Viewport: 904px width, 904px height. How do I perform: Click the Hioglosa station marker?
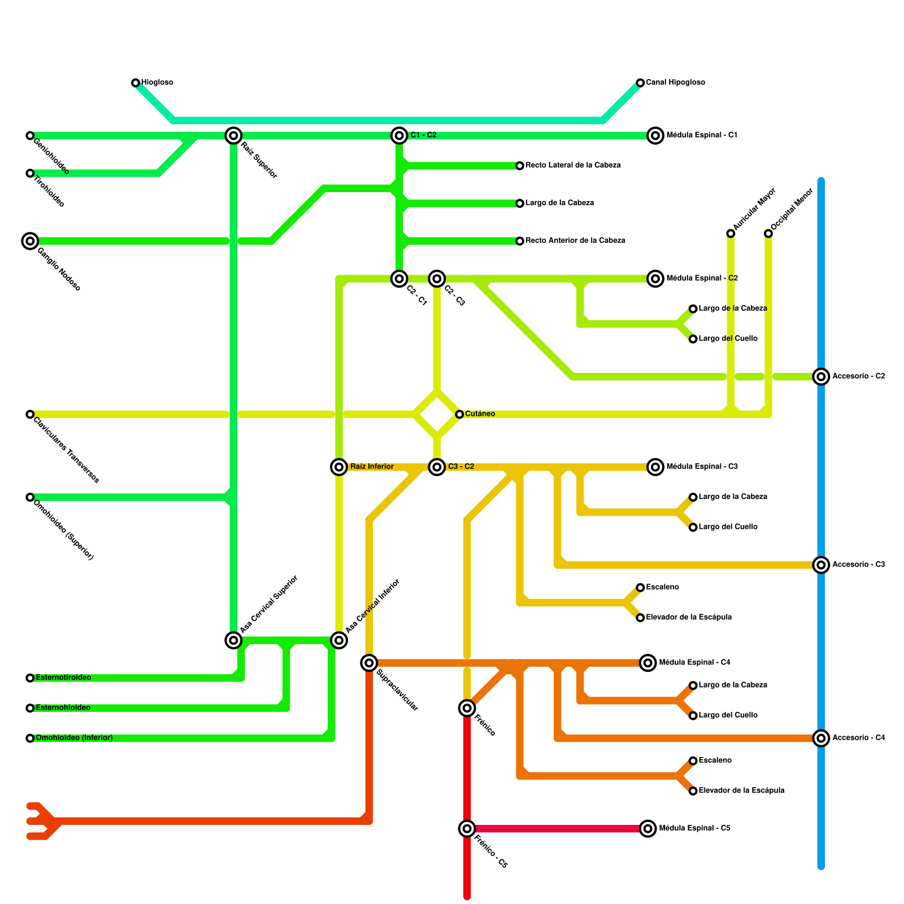tap(136, 83)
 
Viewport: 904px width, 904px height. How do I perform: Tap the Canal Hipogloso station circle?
tap(640, 83)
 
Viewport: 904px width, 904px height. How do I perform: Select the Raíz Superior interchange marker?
tap(233, 136)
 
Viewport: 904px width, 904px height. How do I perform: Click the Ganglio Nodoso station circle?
tap(30, 241)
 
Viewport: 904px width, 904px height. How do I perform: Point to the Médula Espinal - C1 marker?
tap(655, 136)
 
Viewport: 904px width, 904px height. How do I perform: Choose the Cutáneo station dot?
tap(459, 414)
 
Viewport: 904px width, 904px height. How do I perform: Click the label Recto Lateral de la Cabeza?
tap(573, 166)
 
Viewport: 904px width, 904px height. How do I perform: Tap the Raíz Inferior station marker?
tap(339, 467)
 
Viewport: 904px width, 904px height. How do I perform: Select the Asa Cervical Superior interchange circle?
tap(233, 640)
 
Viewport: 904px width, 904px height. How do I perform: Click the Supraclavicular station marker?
tap(369, 663)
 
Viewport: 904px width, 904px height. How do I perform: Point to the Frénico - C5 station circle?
tap(467, 829)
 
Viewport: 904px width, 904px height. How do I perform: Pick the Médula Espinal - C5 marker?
tap(648, 829)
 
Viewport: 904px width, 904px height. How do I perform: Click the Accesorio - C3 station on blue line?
tap(821, 565)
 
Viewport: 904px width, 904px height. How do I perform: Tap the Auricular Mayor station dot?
tap(731, 233)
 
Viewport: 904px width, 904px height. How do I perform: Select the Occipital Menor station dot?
tap(768, 233)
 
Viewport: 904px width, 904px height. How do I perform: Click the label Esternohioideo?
tap(63, 708)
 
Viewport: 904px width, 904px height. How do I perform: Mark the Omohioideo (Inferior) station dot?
tap(30, 738)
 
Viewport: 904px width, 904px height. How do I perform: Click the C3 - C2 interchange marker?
tap(437, 467)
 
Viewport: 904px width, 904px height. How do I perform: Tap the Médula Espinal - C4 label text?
tap(694, 662)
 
